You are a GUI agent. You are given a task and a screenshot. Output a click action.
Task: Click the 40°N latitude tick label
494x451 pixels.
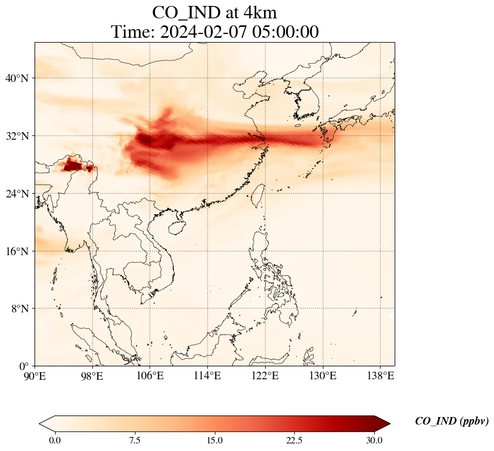click(20, 78)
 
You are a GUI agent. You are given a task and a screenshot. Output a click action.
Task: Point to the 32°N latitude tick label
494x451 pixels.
click(20, 136)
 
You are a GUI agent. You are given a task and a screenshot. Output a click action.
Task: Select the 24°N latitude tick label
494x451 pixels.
click(20, 194)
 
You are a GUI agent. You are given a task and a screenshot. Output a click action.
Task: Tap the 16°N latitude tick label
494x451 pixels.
click(20, 251)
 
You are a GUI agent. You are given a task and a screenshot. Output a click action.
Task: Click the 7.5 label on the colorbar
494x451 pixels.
click(135, 440)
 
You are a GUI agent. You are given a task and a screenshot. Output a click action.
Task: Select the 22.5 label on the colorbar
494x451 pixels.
click(294, 440)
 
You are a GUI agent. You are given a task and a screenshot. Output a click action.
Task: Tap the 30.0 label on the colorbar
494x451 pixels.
click(374, 440)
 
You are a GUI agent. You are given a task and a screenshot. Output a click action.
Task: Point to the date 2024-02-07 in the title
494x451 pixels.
click(199, 31)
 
